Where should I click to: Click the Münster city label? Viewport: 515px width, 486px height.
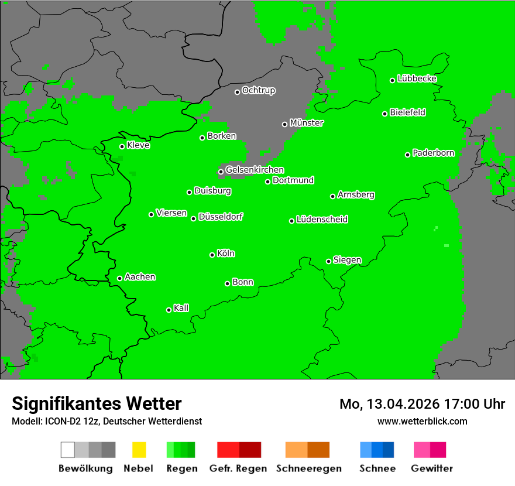(x=307, y=123)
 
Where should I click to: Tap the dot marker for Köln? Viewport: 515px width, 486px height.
(x=212, y=255)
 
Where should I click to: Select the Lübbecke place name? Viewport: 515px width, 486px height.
(x=417, y=78)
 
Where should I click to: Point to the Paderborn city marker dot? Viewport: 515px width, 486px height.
(x=407, y=155)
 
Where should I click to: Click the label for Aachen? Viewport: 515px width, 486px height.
(x=140, y=277)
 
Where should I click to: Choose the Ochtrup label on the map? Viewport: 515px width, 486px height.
(x=258, y=91)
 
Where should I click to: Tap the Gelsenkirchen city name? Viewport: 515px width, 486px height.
(x=255, y=170)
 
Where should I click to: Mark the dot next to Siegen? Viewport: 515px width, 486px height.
(x=328, y=261)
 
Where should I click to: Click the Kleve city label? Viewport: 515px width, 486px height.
(x=138, y=145)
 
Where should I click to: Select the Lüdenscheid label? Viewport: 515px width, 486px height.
(x=322, y=220)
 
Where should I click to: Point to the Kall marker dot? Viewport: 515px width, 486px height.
(x=169, y=310)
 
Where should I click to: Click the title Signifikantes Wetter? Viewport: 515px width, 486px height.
(x=97, y=404)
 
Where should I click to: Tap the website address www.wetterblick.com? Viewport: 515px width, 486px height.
(x=422, y=421)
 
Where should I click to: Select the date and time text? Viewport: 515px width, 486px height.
(x=422, y=404)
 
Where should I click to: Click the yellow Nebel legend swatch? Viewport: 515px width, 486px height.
(x=139, y=450)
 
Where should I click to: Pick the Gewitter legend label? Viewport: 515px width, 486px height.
(x=432, y=468)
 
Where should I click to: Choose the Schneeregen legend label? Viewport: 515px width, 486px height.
(x=308, y=468)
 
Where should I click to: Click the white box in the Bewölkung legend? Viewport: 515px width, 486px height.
(x=68, y=450)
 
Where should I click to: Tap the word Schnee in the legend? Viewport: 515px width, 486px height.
(x=377, y=468)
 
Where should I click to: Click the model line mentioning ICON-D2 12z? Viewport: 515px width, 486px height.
(x=107, y=421)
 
